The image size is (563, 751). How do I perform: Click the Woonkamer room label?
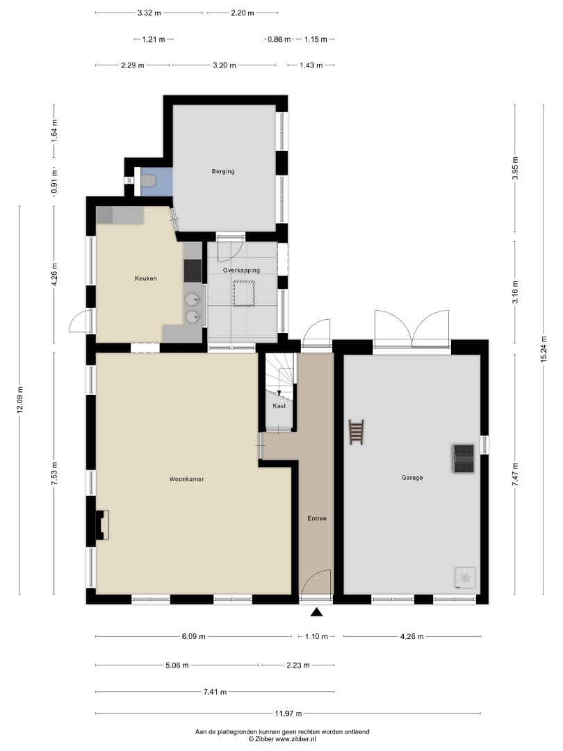pos(186,479)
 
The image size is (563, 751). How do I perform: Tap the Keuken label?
pos(145,278)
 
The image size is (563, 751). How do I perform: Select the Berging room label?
pos(223,172)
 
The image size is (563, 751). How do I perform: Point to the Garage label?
pos(411,478)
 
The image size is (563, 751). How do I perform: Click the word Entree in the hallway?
pos(316,518)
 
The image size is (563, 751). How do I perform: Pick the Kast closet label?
pos(279,405)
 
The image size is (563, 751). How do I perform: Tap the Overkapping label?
pos(241,270)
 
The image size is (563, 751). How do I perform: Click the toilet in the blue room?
pos(149,181)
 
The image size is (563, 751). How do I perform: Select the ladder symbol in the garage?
pos(356,432)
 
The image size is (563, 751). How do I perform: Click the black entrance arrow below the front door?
pos(316,612)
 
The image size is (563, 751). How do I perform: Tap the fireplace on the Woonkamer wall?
pos(102,525)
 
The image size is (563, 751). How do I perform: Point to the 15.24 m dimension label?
pos(544,349)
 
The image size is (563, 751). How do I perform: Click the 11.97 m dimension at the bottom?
pos(288,713)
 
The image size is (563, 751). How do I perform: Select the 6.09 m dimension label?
pos(193,636)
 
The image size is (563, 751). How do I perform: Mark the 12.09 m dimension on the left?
pos(19,399)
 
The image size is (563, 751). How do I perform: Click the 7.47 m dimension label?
pos(515,475)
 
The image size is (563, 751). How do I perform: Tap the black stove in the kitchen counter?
pos(193,270)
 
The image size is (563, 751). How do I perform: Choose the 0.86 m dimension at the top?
pos(279,39)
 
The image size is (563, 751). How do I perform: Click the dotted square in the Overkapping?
pos(244,293)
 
